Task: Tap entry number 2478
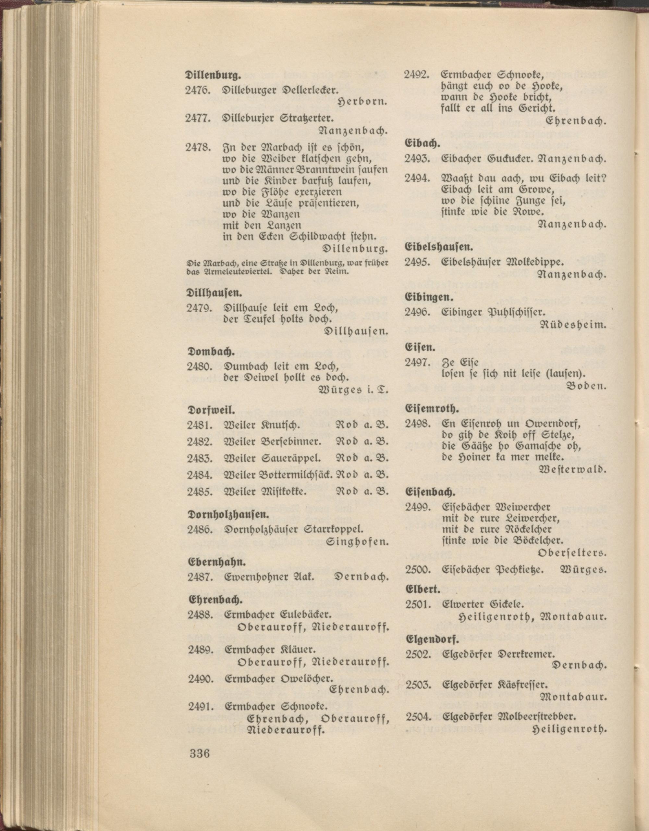click(x=198, y=147)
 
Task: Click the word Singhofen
click(x=357, y=541)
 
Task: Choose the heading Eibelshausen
click(x=439, y=248)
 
